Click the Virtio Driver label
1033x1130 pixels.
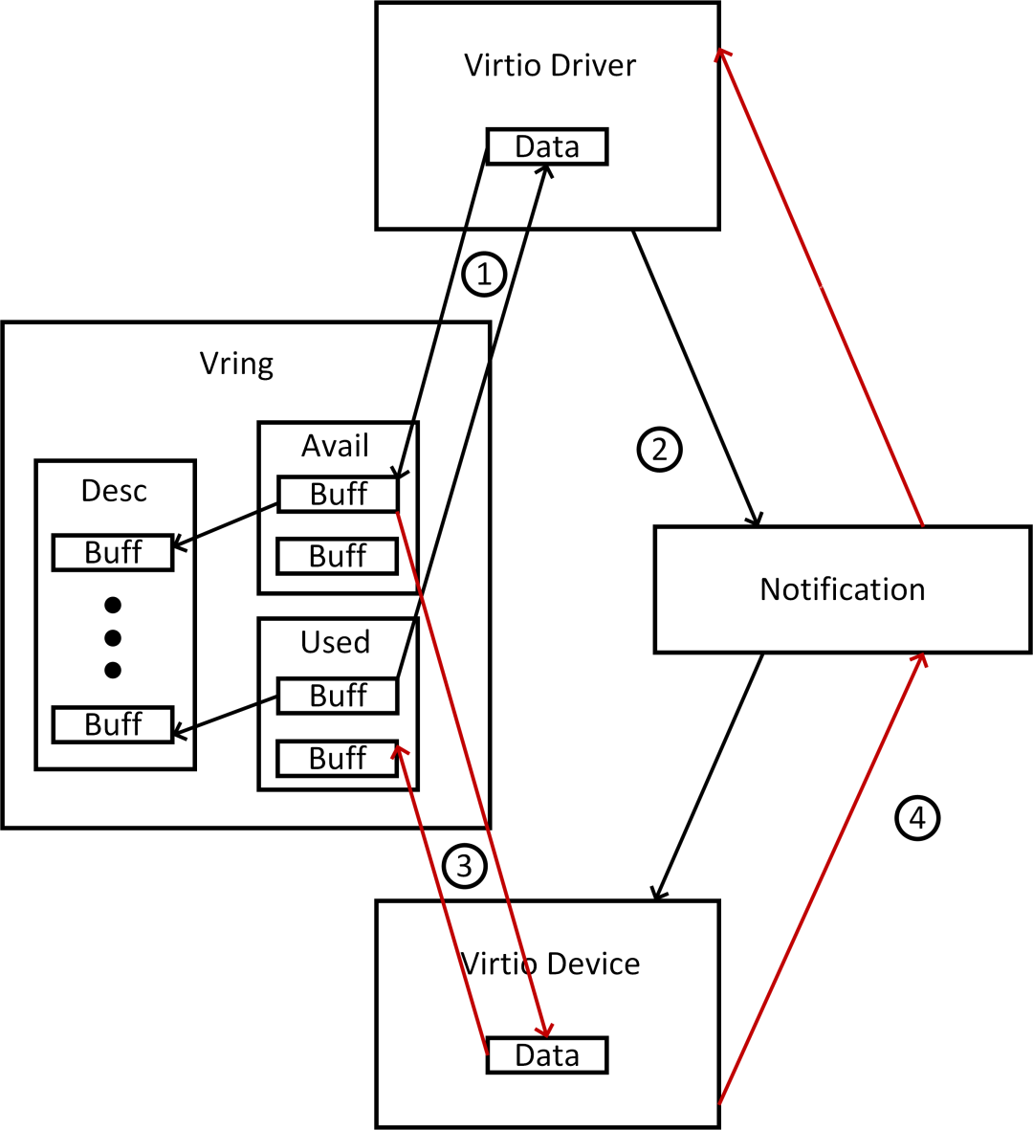[549, 65]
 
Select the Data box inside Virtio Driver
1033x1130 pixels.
[547, 146]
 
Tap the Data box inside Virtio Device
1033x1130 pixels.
[547, 1055]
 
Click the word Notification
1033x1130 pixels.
[842, 589]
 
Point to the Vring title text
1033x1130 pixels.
[236, 364]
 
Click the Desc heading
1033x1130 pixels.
[114, 491]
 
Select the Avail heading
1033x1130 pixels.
[335, 446]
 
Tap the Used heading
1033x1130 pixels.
[335, 642]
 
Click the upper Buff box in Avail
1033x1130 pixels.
[338, 495]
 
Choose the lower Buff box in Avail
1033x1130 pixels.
[338, 556]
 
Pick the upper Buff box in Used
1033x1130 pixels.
[338, 696]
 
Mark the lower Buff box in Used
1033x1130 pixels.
[338, 758]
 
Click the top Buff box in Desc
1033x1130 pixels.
[113, 553]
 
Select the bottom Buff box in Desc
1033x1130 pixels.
[113, 724]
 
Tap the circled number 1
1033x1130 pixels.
[484, 275]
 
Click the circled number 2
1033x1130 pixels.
[659, 449]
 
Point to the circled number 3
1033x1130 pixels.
[465, 866]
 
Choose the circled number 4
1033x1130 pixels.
[917, 818]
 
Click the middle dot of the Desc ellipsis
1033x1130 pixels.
[113, 638]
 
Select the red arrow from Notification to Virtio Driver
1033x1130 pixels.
[821, 286]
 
